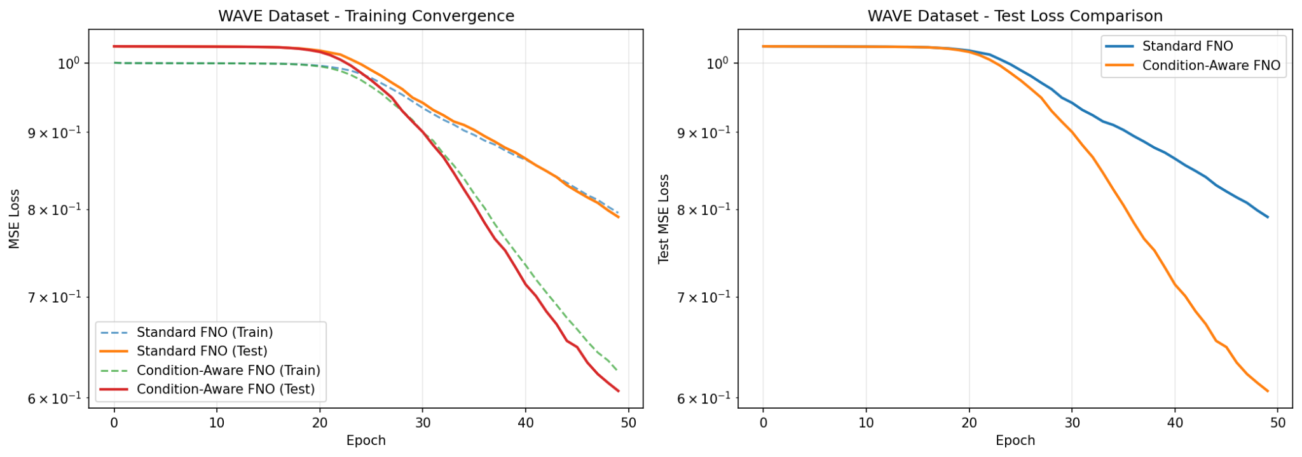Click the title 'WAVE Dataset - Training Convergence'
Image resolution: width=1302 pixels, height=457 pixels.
point(366,16)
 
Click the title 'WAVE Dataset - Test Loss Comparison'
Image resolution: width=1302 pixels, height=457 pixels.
point(1015,16)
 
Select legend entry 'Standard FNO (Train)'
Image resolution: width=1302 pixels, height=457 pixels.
point(205,332)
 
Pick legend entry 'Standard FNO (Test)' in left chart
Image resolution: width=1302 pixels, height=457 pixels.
point(202,351)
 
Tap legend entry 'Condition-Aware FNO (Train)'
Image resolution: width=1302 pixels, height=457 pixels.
point(228,370)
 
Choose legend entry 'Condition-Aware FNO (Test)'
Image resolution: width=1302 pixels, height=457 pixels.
point(226,389)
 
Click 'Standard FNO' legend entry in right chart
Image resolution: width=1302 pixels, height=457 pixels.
point(1187,46)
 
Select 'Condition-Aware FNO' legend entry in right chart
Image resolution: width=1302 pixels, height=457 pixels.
point(1210,65)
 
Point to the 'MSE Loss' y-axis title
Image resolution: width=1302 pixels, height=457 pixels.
point(14,219)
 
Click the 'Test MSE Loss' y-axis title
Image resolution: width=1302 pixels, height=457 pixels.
point(664,219)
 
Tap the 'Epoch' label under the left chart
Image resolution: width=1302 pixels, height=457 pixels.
point(366,440)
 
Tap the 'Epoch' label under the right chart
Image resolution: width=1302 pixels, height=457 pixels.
point(1015,440)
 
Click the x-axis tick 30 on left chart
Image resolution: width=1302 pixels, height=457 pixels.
point(422,423)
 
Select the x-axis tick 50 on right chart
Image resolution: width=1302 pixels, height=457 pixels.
point(1277,423)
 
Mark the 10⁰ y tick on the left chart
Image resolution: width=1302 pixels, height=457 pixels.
point(68,63)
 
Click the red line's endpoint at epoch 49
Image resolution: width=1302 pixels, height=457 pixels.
point(619,391)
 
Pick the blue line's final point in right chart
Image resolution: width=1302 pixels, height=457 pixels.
point(1268,217)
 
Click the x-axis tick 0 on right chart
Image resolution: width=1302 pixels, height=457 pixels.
point(764,423)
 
